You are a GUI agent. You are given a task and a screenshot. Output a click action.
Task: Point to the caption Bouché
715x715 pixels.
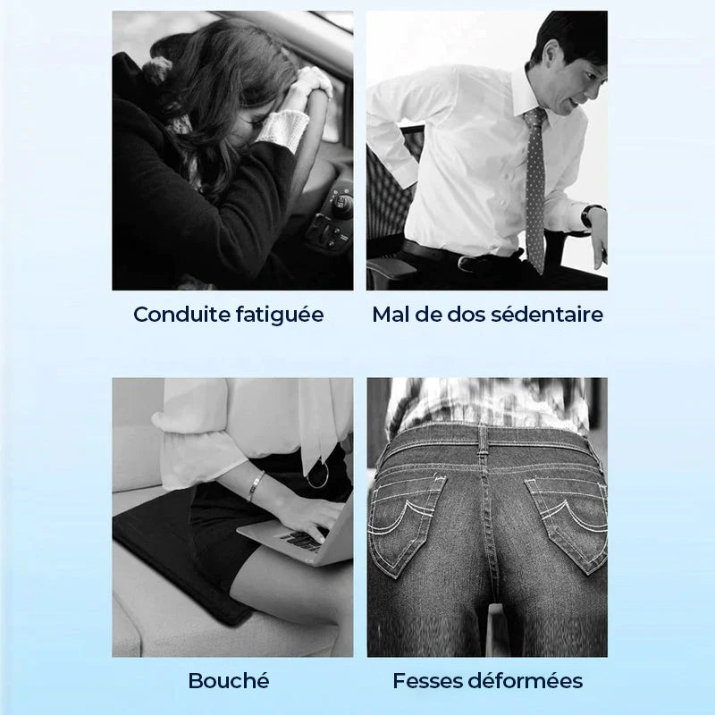229,681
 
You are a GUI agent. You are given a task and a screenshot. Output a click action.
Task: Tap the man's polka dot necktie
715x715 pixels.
534,188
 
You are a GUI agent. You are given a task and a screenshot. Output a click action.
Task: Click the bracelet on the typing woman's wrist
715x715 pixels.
256,486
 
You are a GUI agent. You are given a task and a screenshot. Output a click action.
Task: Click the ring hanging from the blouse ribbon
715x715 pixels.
317,476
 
